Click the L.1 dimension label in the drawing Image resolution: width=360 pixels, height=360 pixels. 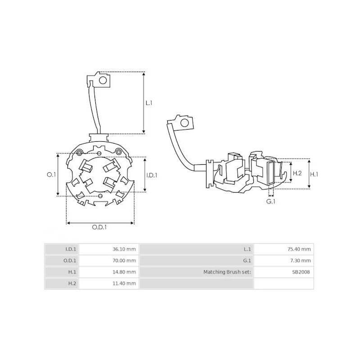pyautogui.click(x=149, y=103)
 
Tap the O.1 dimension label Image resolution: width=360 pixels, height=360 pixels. pyautogui.click(x=51, y=175)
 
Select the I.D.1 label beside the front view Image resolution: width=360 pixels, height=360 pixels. pyautogui.click(x=152, y=175)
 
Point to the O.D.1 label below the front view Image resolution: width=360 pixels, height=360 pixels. pyautogui.click(x=99, y=227)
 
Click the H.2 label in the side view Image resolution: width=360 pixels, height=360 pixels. pyautogui.click(x=297, y=173)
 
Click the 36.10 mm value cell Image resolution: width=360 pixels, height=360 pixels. pyautogui.click(x=125, y=249)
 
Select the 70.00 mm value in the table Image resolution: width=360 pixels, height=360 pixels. pyautogui.click(x=125, y=261)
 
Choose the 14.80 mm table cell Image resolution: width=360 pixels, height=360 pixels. pyautogui.click(x=125, y=272)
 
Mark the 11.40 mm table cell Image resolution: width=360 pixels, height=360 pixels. pyautogui.click(x=125, y=283)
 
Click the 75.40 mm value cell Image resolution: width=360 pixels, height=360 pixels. pyautogui.click(x=299, y=249)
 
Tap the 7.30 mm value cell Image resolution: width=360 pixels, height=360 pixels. pyautogui.click(x=301, y=261)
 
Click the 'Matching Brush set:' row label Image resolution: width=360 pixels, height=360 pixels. pyautogui.click(x=227, y=272)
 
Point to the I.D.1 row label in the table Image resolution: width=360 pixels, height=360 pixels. pyautogui.click(x=71, y=249)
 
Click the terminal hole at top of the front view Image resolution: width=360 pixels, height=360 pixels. pyautogui.click(x=103, y=81)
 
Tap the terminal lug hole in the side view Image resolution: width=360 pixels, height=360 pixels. pyautogui.click(x=184, y=123)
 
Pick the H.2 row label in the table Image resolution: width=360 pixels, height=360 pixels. pyautogui.click(x=72, y=283)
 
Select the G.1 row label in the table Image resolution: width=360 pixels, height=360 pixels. pyautogui.click(x=247, y=261)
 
